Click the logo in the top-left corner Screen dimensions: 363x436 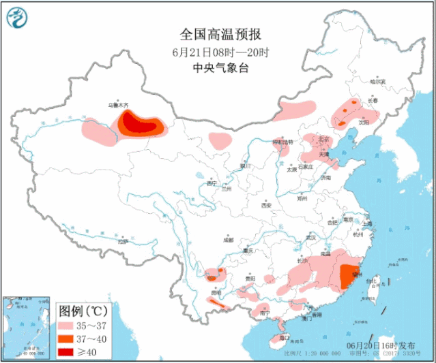pos(19,18)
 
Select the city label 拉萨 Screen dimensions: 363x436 pos(122,241)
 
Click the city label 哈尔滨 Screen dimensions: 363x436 pos(377,82)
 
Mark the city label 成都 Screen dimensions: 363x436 pos(227,240)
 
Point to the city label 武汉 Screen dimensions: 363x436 pos(312,238)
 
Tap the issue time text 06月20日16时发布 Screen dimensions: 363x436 pos(380,346)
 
